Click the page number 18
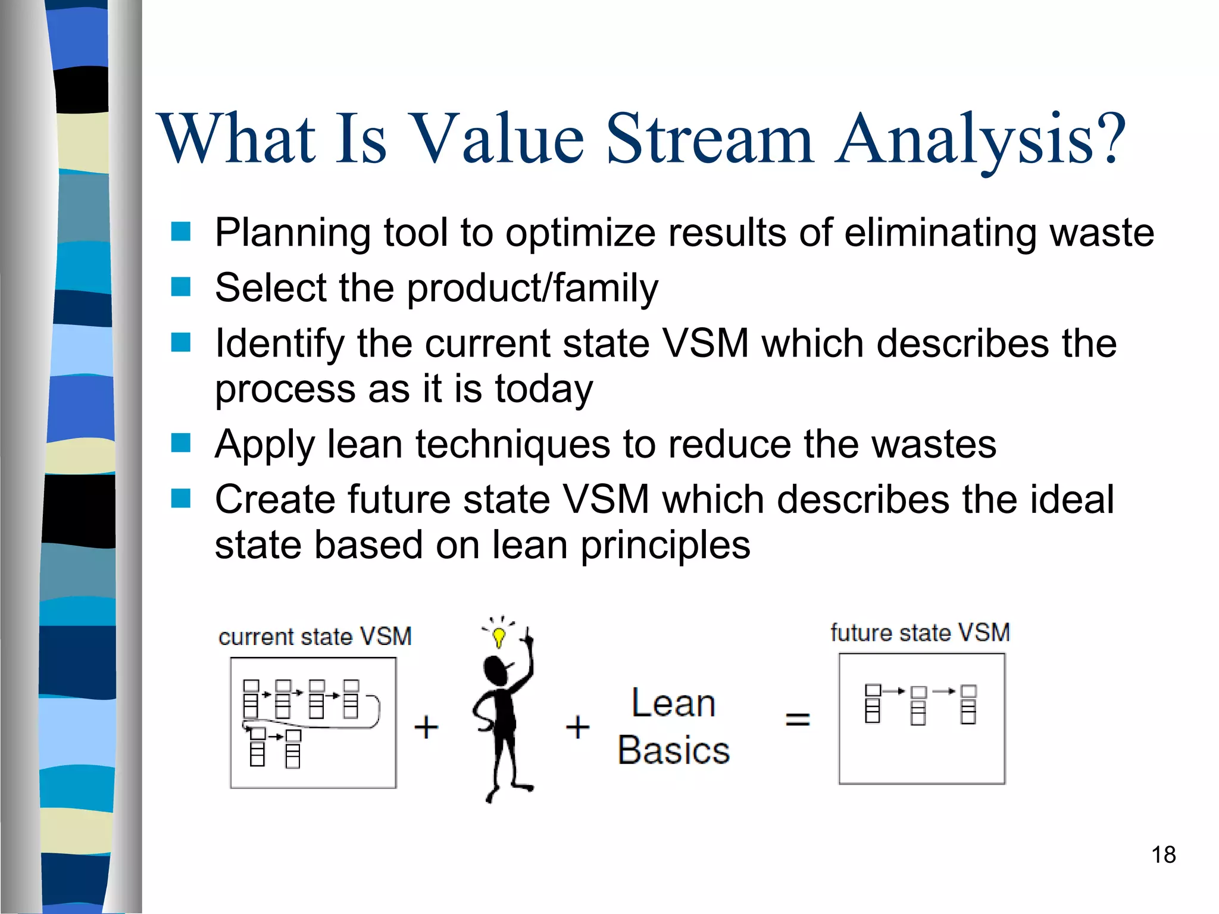pyautogui.click(x=1163, y=855)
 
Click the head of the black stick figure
pyautogui.click(x=495, y=669)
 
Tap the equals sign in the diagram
pyautogui.click(x=798, y=719)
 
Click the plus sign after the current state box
pyautogui.click(x=426, y=727)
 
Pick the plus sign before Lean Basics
pyautogui.click(x=577, y=727)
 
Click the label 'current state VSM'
pyautogui.click(x=315, y=637)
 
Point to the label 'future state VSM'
pyautogui.click(x=920, y=633)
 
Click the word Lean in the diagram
pyautogui.click(x=673, y=703)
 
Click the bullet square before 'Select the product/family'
pyautogui.click(x=180, y=287)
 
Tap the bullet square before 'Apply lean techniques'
pyautogui.click(x=180, y=443)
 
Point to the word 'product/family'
pyautogui.click(x=532, y=289)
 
